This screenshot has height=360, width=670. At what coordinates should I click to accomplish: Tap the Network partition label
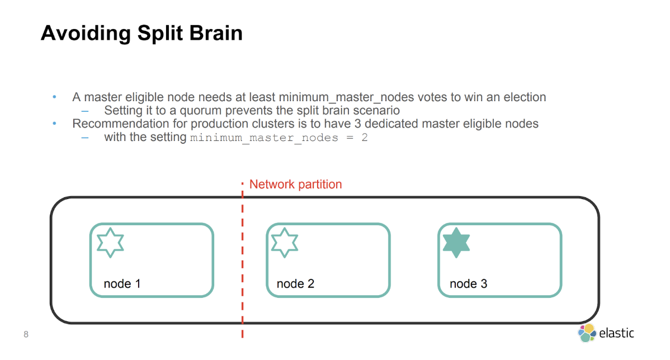tap(295, 184)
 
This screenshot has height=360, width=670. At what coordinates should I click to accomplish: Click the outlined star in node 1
tap(110, 243)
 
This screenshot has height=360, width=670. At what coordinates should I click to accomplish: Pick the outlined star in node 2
tap(285, 243)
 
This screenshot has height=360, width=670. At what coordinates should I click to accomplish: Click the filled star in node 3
tap(456, 243)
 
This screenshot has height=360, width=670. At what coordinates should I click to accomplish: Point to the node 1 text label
tap(122, 284)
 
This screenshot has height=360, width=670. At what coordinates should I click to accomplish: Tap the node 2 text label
tap(295, 284)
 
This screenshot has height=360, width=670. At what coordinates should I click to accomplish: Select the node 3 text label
tap(468, 284)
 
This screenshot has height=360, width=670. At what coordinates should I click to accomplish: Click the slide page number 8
tap(26, 335)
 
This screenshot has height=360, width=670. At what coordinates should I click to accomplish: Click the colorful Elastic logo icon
tap(586, 333)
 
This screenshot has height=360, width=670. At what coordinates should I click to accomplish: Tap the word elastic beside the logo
tap(616, 333)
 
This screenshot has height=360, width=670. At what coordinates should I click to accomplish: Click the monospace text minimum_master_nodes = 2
tap(279, 138)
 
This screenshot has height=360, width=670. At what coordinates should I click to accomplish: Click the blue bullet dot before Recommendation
tap(54, 124)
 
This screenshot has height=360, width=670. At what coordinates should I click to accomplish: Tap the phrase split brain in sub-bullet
tap(313, 111)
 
